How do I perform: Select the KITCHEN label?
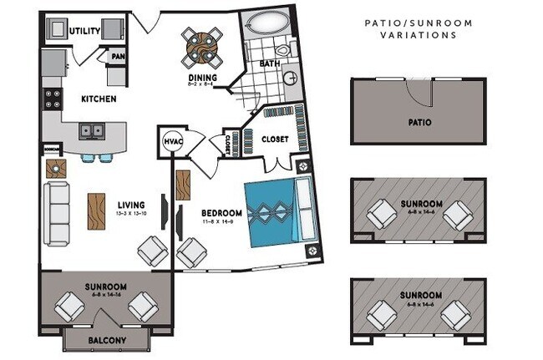[x=98, y=99]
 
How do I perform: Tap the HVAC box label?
[x=173, y=142]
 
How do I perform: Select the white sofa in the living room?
[x=59, y=214]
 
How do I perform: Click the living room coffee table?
[x=97, y=210]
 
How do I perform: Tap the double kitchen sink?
[x=92, y=131]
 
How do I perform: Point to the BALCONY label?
[x=106, y=341]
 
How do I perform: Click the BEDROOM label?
[x=221, y=212]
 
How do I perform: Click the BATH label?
[x=270, y=63]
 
